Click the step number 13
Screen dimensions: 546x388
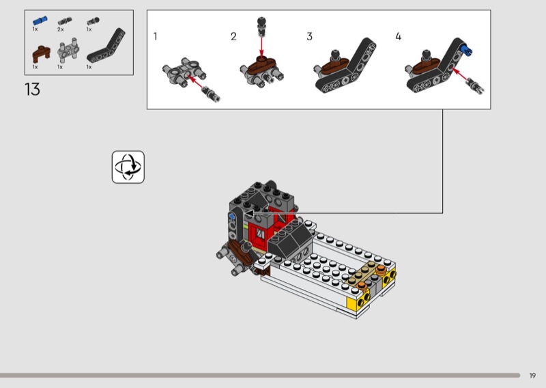click(32, 89)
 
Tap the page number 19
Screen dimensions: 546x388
click(532, 376)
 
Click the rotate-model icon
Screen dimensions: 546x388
click(128, 167)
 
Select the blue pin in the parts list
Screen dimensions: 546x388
click(40, 20)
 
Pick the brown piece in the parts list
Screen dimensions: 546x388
click(42, 54)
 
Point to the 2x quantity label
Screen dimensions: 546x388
click(61, 29)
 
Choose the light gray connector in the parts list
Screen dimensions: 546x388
click(68, 49)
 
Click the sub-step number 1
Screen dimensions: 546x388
click(156, 36)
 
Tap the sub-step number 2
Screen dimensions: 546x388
click(233, 36)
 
